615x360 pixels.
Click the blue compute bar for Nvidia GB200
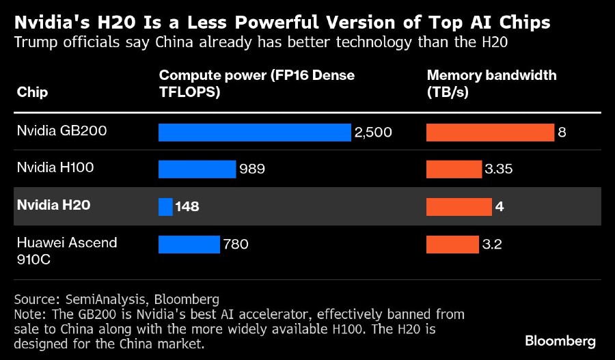tap(254, 132)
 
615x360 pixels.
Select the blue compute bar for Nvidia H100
tap(197, 169)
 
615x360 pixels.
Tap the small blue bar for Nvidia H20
tap(165, 206)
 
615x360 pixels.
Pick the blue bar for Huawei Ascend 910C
tap(189, 244)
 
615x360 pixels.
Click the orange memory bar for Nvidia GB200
tap(490, 132)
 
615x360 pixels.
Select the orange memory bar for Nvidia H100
tap(454, 169)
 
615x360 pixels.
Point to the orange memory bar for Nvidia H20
tap(459, 206)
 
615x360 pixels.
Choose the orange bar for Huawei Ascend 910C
tap(452, 244)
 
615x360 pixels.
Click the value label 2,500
tap(373, 133)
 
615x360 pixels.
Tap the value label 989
tap(252, 169)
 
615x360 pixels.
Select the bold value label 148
tap(187, 206)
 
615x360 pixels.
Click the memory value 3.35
tap(498, 169)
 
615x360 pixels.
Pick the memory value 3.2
tap(492, 244)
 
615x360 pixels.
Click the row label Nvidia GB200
tap(61, 130)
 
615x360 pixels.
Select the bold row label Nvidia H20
tap(53, 204)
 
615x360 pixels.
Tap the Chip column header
tap(32, 92)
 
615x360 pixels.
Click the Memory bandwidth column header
tap(491, 83)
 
